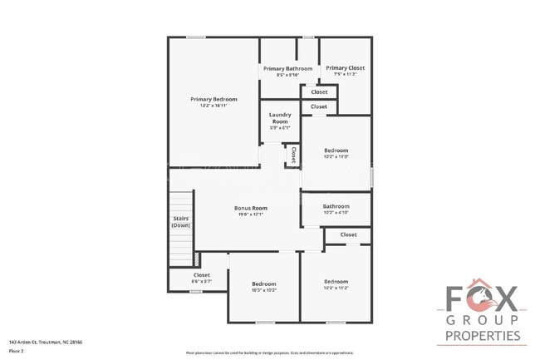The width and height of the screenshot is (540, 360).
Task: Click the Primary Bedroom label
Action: (x=214, y=99)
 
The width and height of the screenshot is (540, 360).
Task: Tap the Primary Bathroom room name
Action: (x=287, y=68)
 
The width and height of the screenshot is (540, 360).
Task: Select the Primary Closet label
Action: (x=345, y=68)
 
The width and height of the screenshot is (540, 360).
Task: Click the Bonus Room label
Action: (x=250, y=208)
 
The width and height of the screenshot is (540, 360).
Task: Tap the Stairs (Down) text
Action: (x=181, y=223)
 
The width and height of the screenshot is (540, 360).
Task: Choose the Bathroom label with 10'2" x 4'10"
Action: (x=336, y=206)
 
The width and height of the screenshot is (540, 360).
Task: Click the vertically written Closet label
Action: (x=294, y=155)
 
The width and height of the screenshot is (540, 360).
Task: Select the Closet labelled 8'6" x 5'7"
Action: (x=202, y=275)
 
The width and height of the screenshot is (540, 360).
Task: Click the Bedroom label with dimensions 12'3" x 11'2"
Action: (x=336, y=282)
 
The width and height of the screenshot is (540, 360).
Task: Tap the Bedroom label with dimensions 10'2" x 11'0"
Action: (x=336, y=150)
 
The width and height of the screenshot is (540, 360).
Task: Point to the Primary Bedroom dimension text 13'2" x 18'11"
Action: (x=214, y=106)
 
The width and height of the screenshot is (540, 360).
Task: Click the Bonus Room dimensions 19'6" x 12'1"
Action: (x=250, y=215)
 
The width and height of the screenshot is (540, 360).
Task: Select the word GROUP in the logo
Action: (x=483, y=319)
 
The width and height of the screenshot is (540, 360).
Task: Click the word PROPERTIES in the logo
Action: (x=483, y=336)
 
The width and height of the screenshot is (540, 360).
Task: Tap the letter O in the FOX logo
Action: (x=483, y=298)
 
